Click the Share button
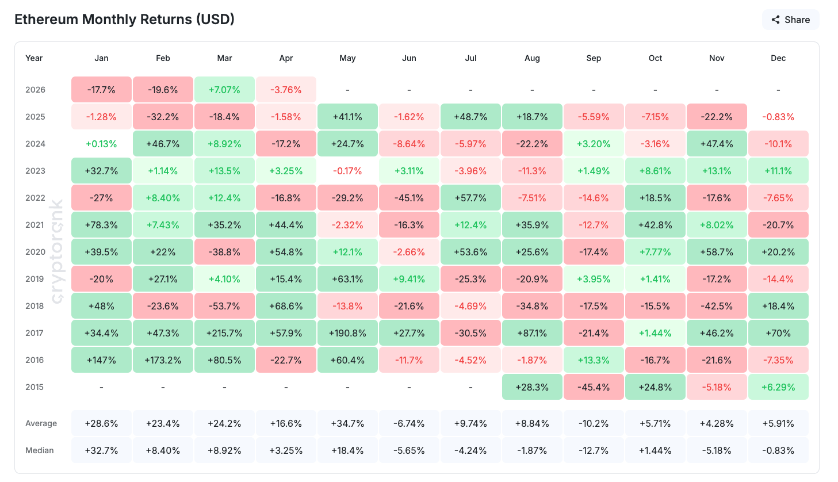tap(790, 20)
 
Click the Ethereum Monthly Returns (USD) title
tap(124, 20)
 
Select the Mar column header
tap(224, 58)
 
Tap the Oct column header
tap(655, 58)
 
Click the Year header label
tap(34, 58)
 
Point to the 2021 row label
tap(35, 225)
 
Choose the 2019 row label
tap(35, 279)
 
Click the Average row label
tap(41, 423)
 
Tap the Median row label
tap(39, 450)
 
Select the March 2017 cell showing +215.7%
tap(224, 333)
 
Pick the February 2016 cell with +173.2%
tap(163, 360)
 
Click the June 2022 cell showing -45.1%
tap(409, 198)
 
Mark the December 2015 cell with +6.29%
tap(778, 387)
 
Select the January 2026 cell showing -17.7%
tap(101, 90)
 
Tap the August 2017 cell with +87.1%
tap(532, 333)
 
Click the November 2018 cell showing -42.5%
tap(717, 306)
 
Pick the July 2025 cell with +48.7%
tap(470, 117)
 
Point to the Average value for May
tap(347, 423)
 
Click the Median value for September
tap(594, 450)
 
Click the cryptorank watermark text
tap(57, 252)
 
